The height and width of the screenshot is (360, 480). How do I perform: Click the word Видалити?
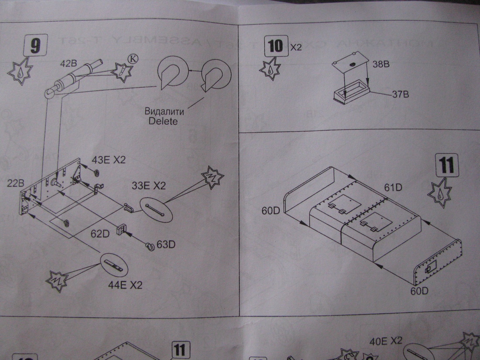[x=164, y=111]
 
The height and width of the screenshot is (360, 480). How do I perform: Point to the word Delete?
[x=163, y=121]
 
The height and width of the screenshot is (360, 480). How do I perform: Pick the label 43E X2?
[x=108, y=160]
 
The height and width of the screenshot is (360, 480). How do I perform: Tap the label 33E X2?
[x=149, y=186]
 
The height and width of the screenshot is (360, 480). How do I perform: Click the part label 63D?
[x=166, y=245]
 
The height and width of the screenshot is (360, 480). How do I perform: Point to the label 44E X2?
[x=126, y=286]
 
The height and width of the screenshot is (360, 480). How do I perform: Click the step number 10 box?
[x=276, y=46]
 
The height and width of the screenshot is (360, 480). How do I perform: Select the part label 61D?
[x=393, y=188]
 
